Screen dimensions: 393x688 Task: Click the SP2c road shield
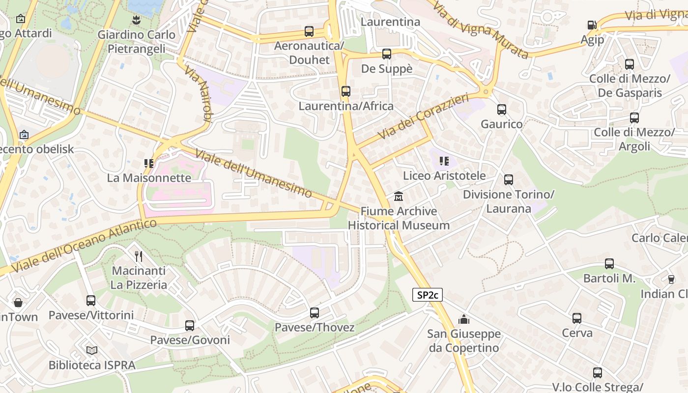427,295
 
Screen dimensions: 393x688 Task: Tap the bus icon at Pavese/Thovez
315,312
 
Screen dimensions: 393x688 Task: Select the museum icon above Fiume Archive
398,196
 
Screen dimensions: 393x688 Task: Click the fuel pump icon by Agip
592,25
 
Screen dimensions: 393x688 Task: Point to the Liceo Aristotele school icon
444,161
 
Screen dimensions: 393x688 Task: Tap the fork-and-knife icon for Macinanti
139,255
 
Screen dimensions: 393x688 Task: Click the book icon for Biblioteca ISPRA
92,350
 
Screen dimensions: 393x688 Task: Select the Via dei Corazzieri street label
423,117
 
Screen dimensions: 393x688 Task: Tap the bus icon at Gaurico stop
501,110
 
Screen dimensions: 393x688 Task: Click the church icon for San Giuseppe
463,320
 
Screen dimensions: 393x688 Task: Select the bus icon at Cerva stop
577,318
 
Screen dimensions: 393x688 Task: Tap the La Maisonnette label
149,178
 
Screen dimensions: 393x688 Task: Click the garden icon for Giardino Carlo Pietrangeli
136,20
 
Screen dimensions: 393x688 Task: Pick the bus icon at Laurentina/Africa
346,91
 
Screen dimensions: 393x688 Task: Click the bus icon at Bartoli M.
609,264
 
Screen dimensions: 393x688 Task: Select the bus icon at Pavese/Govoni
190,325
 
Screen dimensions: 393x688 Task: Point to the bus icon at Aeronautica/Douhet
309,31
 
